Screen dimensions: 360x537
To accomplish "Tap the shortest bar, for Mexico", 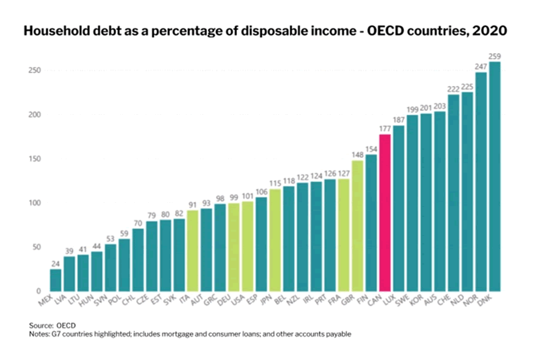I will click(x=55, y=279).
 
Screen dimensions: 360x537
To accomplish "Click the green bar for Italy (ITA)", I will click(x=193, y=251).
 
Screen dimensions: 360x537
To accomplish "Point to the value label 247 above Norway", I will click(x=481, y=67).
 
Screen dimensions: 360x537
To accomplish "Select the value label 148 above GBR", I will click(x=357, y=154).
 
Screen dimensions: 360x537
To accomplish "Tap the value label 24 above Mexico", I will click(x=55, y=264).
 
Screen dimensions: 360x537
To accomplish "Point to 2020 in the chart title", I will click(x=489, y=32).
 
